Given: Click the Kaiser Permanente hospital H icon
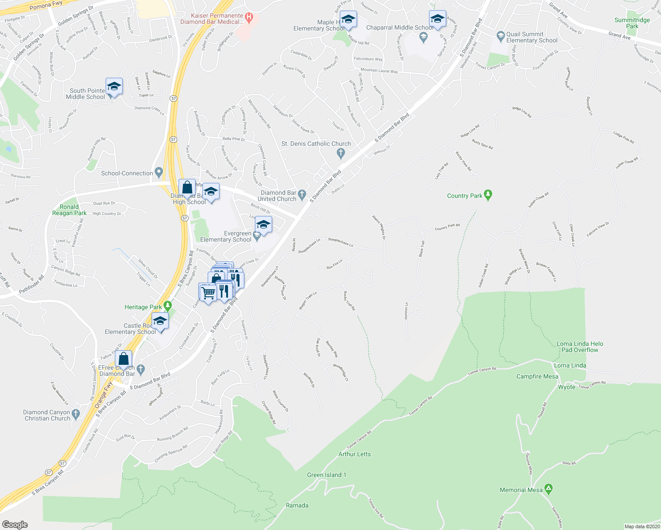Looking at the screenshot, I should [249, 18].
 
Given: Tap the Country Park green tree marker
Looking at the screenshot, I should [488, 195].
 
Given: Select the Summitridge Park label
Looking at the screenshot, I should [632, 23].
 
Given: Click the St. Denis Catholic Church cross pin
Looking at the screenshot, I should [340, 153].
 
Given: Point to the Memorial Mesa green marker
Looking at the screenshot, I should [548, 489].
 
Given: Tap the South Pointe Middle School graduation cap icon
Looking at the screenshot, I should [114, 87].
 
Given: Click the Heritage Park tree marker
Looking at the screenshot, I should [167, 306].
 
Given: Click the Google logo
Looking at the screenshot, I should [15, 524].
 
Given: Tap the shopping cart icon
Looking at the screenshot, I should [208, 292].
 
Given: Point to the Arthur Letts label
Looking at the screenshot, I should [354, 454].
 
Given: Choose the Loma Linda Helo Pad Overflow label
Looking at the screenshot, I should [580, 347].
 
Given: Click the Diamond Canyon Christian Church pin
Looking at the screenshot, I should [76, 414].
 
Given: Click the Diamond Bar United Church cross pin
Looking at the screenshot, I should [302, 194].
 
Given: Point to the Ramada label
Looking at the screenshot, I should [297, 505].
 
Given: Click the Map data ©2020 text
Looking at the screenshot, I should [642, 526].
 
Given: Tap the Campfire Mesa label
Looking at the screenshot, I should [537, 376].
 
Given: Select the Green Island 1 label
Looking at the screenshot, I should [327, 475].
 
